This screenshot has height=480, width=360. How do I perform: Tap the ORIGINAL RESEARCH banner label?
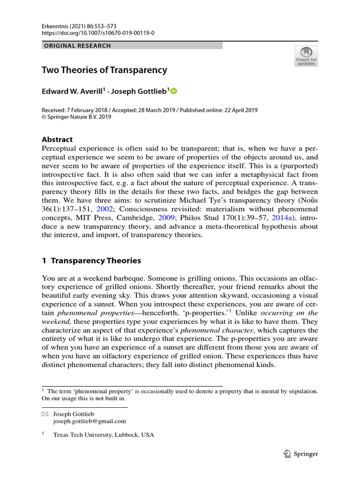click(77, 46)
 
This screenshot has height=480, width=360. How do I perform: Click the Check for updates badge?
click(306, 56)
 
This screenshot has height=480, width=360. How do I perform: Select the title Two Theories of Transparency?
click(105, 70)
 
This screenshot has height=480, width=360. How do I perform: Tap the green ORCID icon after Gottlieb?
click(174, 91)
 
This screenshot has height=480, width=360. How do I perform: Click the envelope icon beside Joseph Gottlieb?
click(45, 414)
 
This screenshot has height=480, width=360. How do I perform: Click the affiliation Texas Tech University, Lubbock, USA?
click(104, 435)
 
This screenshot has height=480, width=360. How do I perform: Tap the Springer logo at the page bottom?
click(301, 454)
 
